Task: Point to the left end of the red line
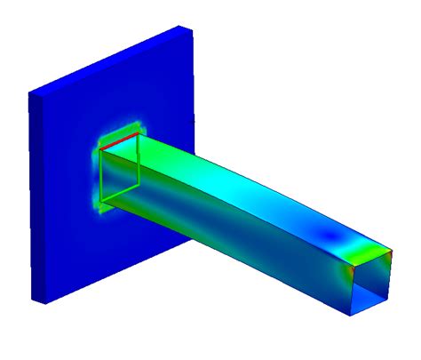pos(100,148)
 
